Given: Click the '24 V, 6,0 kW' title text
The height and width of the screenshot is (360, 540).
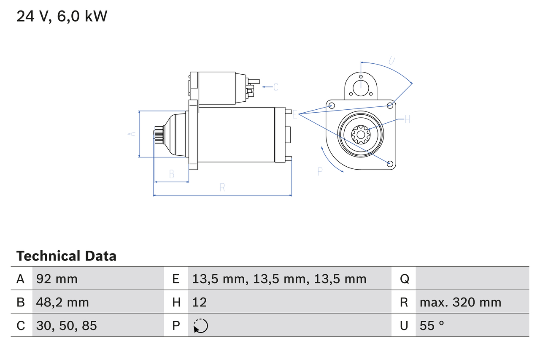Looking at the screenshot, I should click(62, 16).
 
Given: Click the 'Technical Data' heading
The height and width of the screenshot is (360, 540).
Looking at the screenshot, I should click(66, 256).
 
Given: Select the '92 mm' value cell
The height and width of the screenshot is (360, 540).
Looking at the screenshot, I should click(57, 279).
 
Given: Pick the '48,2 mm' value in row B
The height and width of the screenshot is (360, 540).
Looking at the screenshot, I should click(62, 302).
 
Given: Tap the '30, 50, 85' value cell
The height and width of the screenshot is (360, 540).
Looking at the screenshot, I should click(66, 325).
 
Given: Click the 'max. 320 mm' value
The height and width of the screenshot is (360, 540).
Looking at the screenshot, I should click(460, 302).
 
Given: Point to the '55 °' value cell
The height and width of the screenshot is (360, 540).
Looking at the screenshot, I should click(432, 325).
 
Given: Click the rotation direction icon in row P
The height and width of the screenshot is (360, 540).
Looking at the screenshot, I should click(200, 326).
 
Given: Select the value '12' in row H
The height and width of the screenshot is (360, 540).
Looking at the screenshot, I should click(200, 302).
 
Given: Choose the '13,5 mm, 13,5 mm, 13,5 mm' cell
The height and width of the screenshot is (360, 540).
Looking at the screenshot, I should click(279, 279).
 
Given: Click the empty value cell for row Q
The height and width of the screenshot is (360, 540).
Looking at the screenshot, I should click(472, 279).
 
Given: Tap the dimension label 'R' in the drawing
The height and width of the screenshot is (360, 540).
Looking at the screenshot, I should click(222, 188).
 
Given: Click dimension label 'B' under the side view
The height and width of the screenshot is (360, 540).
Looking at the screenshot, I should click(171, 174).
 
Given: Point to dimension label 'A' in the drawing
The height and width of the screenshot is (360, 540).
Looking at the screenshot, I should click(132, 134).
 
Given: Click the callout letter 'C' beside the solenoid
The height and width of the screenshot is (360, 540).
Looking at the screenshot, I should click(275, 87).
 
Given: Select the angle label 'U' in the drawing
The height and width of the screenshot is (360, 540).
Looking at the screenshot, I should click(391, 61).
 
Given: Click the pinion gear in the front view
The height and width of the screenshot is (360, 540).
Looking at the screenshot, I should click(361, 135).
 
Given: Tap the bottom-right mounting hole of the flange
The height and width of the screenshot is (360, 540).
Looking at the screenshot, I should click(390, 163).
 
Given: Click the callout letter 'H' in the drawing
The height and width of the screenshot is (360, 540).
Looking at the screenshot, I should click(407, 119).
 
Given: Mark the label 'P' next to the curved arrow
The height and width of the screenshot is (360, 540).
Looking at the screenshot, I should click(320, 171).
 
